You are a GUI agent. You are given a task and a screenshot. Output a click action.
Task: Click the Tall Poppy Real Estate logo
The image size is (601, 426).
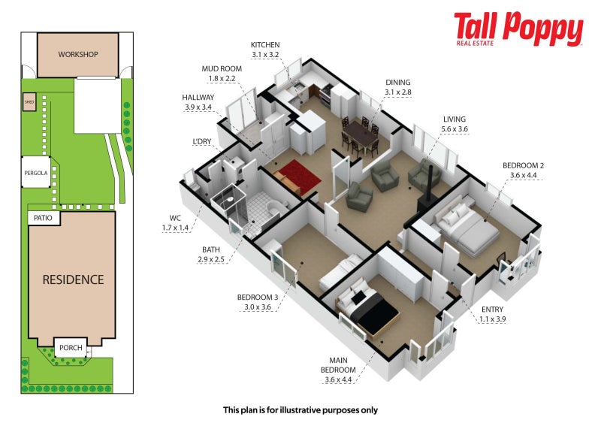click(x=518, y=29)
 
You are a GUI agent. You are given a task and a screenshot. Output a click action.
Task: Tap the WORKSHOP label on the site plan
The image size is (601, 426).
click(x=78, y=54)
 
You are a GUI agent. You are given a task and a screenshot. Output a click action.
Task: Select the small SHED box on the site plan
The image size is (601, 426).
click(x=29, y=102)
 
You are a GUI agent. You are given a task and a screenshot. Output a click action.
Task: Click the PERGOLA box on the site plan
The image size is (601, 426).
click(x=36, y=172)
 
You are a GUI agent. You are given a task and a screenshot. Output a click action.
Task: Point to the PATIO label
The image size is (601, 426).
click(x=43, y=218)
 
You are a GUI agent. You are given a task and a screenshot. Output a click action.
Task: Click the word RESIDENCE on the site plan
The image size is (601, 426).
click(x=73, y=279)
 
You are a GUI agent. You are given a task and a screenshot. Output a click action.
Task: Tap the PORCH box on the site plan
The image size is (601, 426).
click(x=71, y=347)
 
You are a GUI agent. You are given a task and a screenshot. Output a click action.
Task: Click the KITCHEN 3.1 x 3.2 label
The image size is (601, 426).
click(x=265, y=50)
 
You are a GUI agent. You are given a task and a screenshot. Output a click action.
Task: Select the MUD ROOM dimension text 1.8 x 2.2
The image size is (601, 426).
click(x=222, y=79)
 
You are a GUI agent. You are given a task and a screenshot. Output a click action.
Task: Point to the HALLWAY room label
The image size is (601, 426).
click(x=198, y=98)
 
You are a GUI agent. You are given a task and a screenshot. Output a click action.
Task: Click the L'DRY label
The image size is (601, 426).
click(x=202, y=141)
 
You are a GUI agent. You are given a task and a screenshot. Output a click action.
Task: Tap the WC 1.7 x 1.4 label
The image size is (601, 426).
click(x=175, y=223)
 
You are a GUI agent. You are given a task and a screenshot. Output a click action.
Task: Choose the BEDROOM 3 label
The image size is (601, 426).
click(x=258, y=298)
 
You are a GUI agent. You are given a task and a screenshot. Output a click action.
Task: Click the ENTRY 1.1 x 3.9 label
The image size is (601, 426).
click(x=493, y=314)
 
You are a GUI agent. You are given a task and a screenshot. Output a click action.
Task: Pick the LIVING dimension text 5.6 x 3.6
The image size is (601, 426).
click(x=455, y=129)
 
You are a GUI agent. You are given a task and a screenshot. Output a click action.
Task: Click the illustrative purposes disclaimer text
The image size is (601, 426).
click(x=300, y=410)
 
